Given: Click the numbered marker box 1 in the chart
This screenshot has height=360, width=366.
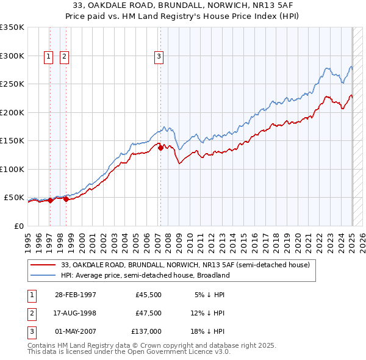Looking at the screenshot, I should pos(49,57).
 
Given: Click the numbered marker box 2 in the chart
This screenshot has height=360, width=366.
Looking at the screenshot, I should pos(64,57).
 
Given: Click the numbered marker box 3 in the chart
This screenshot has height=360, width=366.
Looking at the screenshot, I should pos(159,57).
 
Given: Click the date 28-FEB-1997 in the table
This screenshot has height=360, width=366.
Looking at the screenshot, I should pos(76,294).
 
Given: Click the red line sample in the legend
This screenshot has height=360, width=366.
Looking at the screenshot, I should pos(43,265).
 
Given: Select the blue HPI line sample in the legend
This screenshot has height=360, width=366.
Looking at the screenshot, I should pos(43,275).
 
